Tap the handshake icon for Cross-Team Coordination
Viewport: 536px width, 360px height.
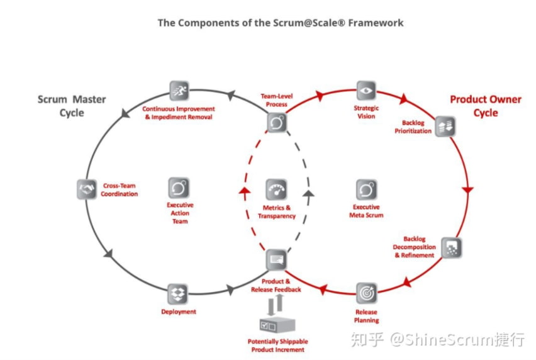pyautogui.click(x=87, y=189)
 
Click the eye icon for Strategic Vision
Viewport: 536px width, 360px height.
pyautogui.click(x=366, y=90)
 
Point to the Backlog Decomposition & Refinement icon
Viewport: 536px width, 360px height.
pyautogui.click(x=451, y=247)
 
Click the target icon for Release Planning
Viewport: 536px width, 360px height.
pyautogui.click(x=366, y=293)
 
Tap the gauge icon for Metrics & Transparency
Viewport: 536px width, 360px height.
pyautogui.click(x=277, y=190)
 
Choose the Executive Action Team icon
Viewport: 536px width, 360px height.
pyautogui.click(x=179, y=188)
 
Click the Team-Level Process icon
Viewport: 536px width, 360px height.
pyautogui.click(x=277, y=123)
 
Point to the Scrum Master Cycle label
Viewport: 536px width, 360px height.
pyautogui.click(x=72, y=106)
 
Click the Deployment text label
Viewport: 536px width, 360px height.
pyautogui.click(x=179, y=312)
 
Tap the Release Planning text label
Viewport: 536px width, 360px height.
pyautogui.click(x=366, y=316)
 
